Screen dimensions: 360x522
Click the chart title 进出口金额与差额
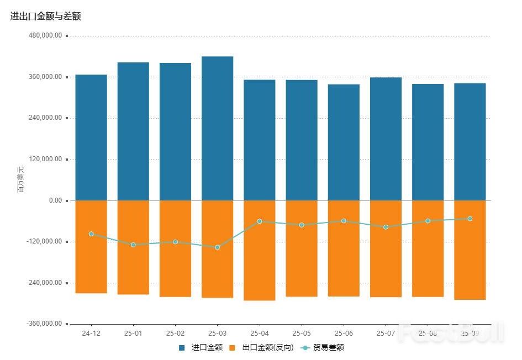click(x=46, y=17)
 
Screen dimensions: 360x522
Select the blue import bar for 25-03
click(x=217, y=128)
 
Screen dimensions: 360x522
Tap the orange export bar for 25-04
click(x=260, y=250)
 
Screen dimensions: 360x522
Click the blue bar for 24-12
click(x=91, y=137)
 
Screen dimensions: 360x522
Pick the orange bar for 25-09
click(x=470, y=250)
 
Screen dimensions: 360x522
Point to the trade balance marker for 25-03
click(x=217, y=247)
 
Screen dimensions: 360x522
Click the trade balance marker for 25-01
click(x=133, y=245)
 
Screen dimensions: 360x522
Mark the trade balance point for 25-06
click(x=344, y=221)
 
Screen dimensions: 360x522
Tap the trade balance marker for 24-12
click(x=91, y=234)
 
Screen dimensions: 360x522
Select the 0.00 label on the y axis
click(x=55, y=200)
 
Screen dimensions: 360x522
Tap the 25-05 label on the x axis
click(x=302, y=333)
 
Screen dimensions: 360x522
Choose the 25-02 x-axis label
click(x=175, y=333)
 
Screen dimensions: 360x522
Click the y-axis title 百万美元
click(x=21, y=179)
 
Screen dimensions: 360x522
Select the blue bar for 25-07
click(x=386, y=139)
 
